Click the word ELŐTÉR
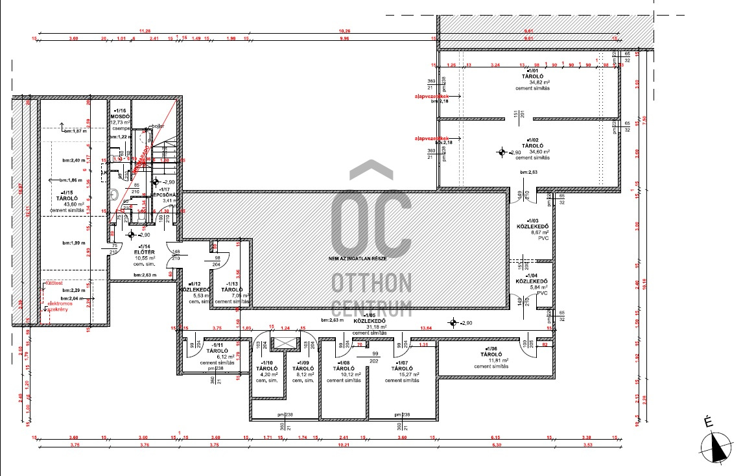[x=143, y=252]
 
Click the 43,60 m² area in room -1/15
[x=68, y=205]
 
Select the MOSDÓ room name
[x=121, y=116]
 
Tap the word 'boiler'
[x=157, y=125]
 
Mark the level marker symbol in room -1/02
[x=501, y=153]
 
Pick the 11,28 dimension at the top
[x=145, y=31]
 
